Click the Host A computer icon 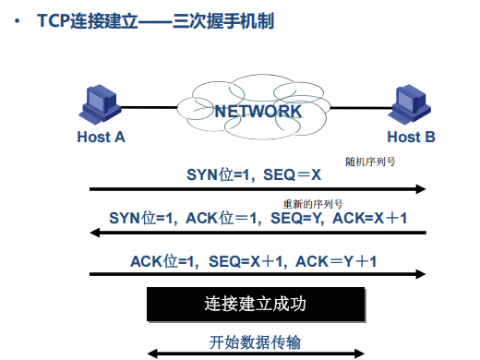[x=100, y=104]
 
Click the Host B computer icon [x=409, y=104]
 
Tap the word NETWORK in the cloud [x=258, y=112]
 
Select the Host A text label [x=102, y=137]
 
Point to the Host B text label [x=411, y=137]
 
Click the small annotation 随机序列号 [x=370, y=162]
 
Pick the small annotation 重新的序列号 [x=313, y=204]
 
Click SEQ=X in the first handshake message [x=292, y=174]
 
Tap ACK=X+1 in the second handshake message [x=370, y=218]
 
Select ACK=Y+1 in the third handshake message [x=336, y=261]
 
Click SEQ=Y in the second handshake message [x=295, y=218]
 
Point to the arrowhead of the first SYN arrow [x=421, y=189]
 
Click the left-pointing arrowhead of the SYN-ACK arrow [x=95, y=233]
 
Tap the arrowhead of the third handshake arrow [x=421, y=274]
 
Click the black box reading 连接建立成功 [x=256, y=305]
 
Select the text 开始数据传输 [x=255, y=342]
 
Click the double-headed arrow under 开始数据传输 [x=256, y=354]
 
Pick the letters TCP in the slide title [x=54, y=21]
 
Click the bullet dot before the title [x=18, y=21]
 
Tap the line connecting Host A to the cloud [x=150, y=107]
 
